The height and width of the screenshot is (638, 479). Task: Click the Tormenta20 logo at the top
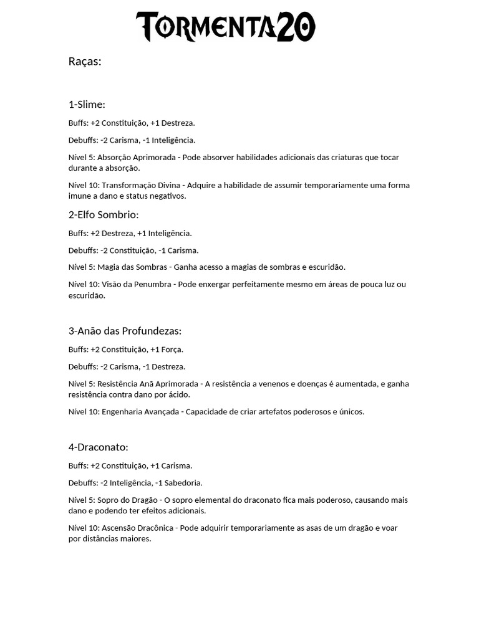click(226, 27)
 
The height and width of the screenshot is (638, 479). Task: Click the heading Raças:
click(85, 62)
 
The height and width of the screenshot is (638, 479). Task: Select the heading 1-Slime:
click(87, 104)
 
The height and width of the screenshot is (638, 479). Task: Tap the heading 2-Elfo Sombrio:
click(104, 215)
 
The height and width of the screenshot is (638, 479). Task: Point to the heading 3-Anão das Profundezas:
click(125, 331)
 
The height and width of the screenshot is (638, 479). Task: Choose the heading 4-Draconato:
click(98, 447)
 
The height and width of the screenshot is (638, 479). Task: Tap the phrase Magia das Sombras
click(132, 267)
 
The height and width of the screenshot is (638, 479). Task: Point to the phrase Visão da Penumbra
click(135, 285)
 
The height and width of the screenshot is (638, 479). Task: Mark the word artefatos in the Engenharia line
click(270, 412)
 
